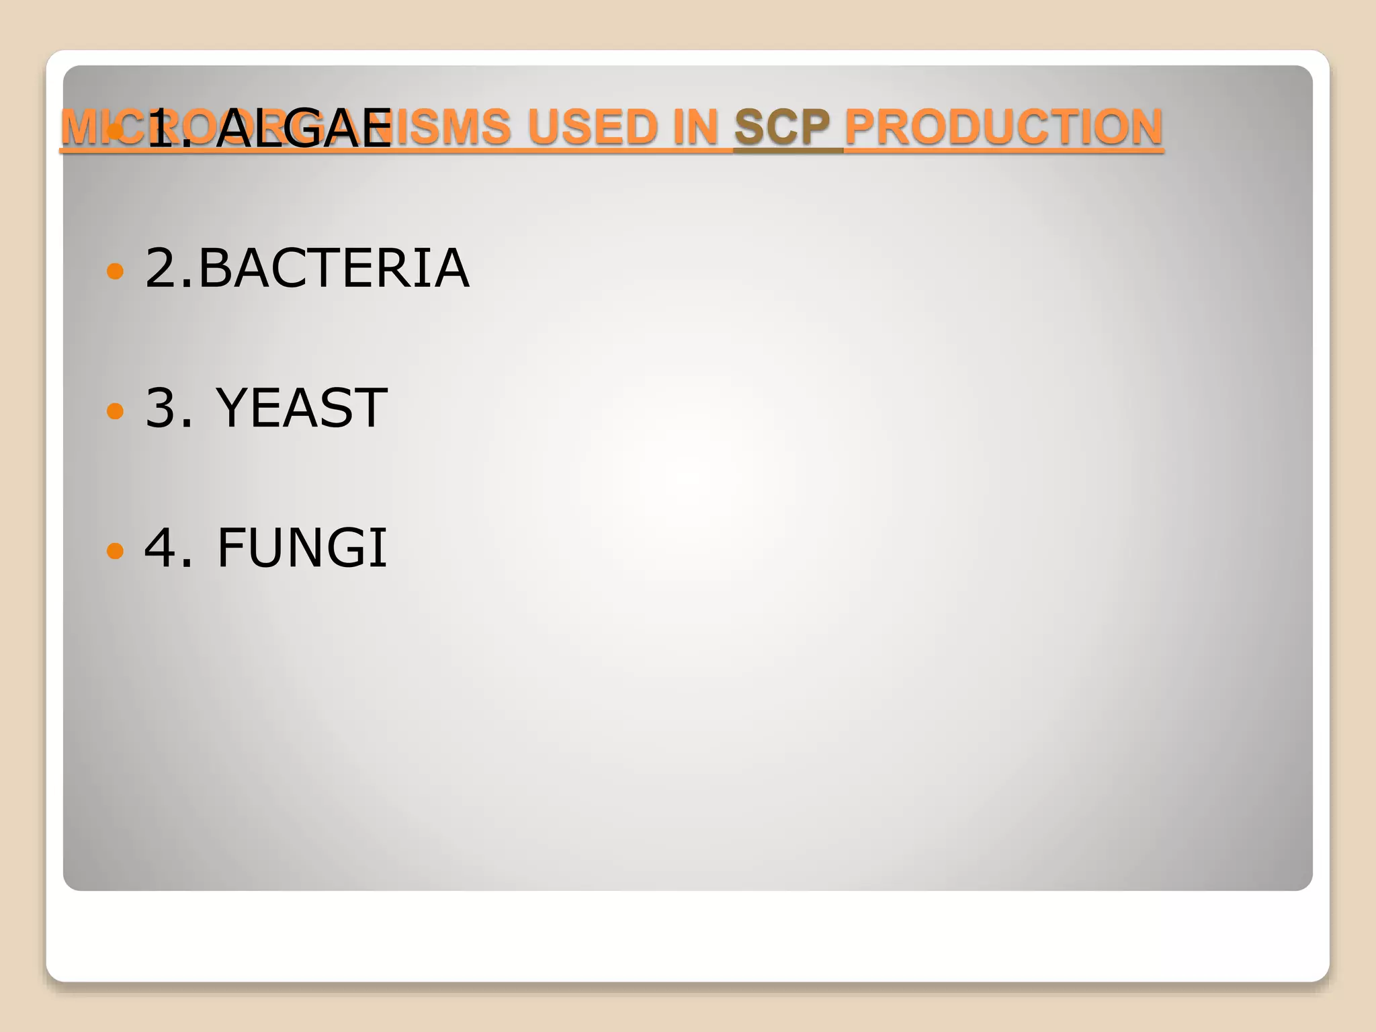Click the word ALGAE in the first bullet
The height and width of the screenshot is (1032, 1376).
(304, 128)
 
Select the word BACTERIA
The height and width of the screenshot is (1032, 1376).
(333, 268)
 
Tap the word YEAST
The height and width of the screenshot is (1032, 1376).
(301, 408)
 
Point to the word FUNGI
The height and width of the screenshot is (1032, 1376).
(302, 548)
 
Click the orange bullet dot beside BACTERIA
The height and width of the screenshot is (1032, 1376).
(116, 271)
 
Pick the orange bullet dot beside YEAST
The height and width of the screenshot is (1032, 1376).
(116, 411)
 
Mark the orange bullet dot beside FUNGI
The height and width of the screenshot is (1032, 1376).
(116, 551)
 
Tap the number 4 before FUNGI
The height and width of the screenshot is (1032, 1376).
(161, 548)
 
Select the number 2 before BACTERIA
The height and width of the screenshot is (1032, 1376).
(160, 268)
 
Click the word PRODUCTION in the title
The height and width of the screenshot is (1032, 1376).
(1003, 127)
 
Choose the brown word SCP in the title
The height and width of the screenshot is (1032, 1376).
(782, 127)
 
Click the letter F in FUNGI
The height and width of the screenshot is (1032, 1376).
(230, 548)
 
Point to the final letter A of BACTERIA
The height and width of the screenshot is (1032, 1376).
(451, 268)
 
